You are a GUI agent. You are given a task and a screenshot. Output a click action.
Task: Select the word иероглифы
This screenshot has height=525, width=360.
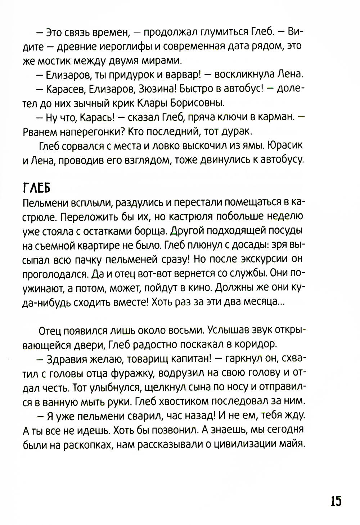117,46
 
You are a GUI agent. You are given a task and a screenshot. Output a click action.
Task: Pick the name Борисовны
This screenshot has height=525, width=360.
197,103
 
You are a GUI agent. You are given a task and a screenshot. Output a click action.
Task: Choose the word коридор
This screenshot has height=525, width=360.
256,344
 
